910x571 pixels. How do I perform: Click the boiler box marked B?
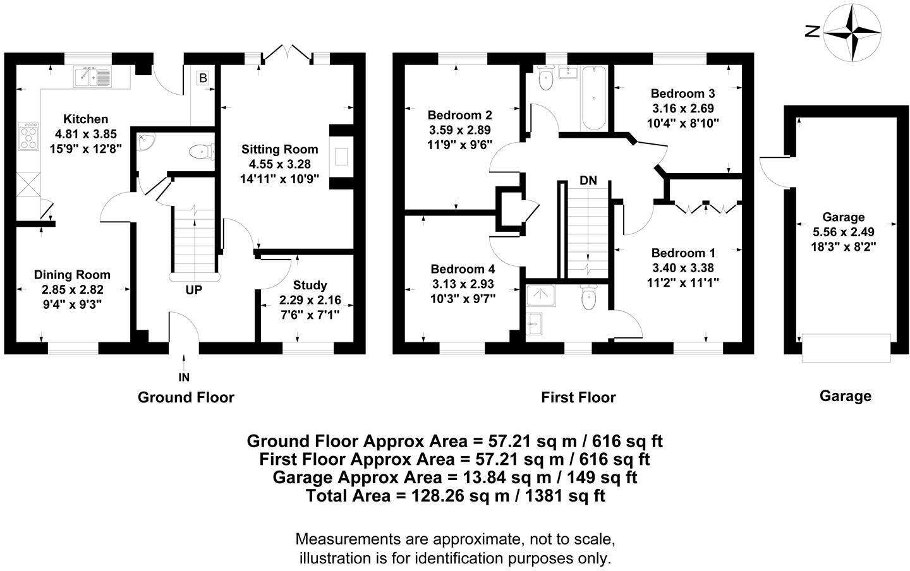(203, 78)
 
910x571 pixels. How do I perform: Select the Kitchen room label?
(86, 119)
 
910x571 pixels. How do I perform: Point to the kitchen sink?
(92, 76)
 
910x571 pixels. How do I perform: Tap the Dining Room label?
(72, 275)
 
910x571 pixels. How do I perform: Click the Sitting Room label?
(280, 150)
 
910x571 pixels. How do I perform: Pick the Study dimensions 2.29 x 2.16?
(310, 300)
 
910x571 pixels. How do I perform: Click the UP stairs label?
(193, 291)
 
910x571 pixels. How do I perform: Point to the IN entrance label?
(184, 377)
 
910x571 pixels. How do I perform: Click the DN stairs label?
(588, 181)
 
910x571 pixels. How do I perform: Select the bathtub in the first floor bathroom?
(593, 98)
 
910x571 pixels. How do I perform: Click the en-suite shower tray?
(541, 296)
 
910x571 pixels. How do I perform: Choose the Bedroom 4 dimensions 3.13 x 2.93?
(463, 284)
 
